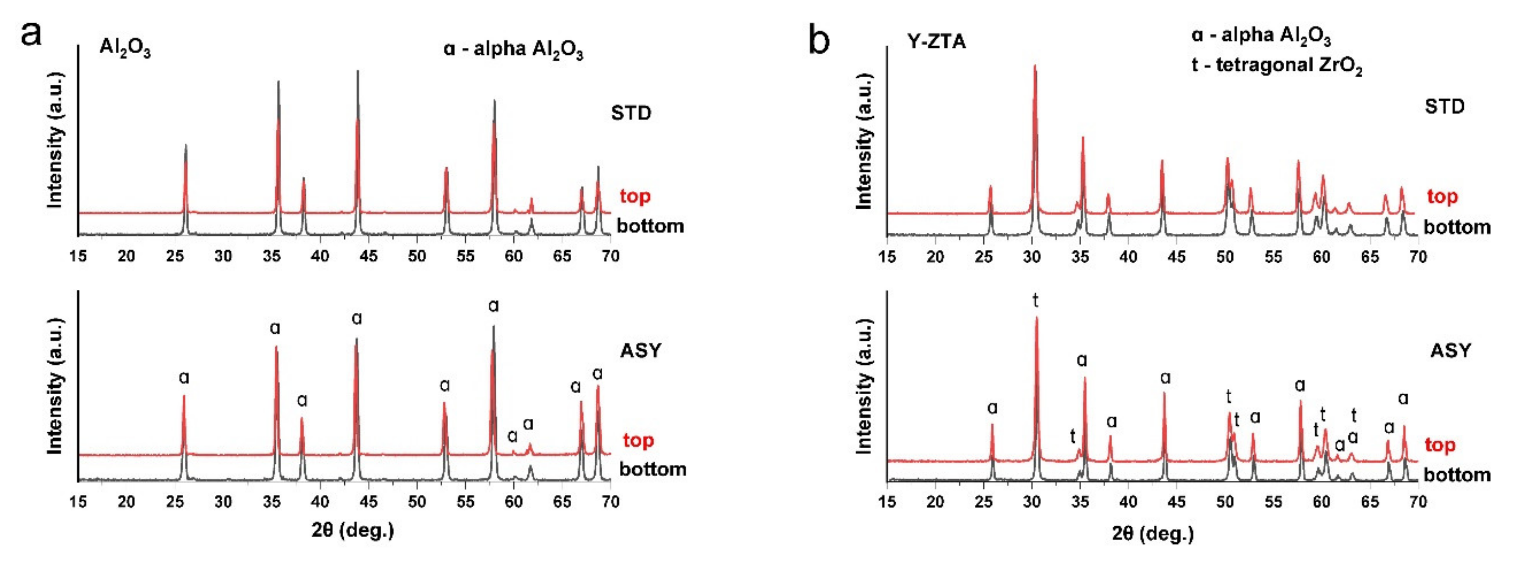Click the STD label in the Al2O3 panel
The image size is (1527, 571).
pyautogui.click(x=631, y=113)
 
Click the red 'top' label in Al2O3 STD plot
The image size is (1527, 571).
pyautogui.click(x=635, y=196)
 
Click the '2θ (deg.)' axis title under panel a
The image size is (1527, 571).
pyautogui.click(x=353, y=529)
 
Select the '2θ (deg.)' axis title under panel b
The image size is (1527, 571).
pyautogui.click(x=1152, y=534)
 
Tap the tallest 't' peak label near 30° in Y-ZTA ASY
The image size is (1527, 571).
pyautogui.click(x=1035, y=301)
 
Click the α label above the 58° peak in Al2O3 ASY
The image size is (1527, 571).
pyautogui.click(x=493, y=306)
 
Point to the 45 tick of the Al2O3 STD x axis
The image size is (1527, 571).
pyautogui.click(x=368, y=256)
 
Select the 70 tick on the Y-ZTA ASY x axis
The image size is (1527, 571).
pyautogui.click(x=1417, y=502)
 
